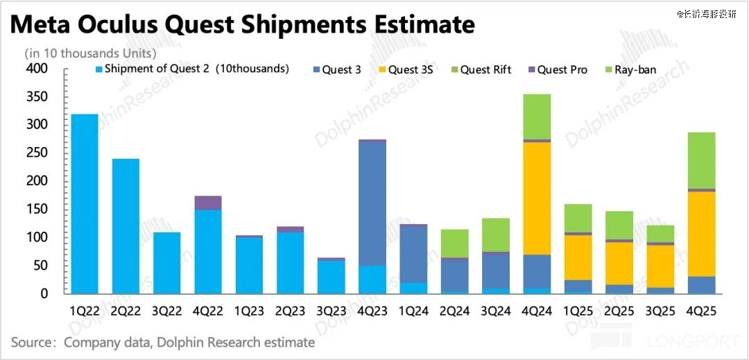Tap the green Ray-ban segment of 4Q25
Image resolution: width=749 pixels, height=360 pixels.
click(x=702, y=160)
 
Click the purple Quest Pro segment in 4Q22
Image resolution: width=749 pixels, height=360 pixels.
click(x=208, y=203)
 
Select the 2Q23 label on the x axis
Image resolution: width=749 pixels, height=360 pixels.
click(x=290, y=311)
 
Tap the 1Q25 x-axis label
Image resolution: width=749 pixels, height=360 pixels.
click(x=578, y=311)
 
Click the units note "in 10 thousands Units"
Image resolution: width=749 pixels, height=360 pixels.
click(x=90, y=53)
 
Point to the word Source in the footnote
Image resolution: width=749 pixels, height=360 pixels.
click(x=33, y=343)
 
